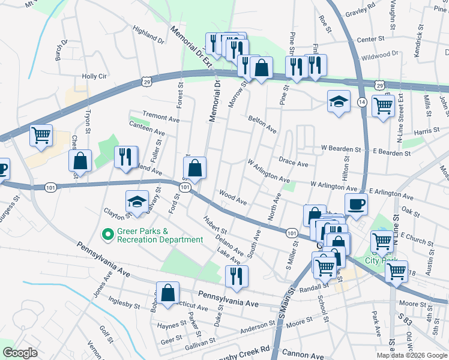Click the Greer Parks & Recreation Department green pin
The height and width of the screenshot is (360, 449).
pos(108,234)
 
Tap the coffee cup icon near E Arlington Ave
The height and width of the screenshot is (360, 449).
pos(356,203)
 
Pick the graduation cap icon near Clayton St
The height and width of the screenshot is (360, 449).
pos(137,202)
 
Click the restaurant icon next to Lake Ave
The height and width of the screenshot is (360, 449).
pos(237,276)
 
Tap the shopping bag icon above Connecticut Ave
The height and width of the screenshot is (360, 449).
pos(168,293)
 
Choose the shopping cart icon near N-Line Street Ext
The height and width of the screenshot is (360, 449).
pos(382,106)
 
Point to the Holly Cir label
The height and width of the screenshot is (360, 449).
pos(94,77)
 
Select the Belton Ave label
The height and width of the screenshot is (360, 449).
pos(263,125)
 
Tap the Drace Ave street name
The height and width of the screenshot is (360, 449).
pos(293,163)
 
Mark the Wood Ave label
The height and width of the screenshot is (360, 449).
pos(233,199)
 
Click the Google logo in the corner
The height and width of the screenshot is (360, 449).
pos(20,353)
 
